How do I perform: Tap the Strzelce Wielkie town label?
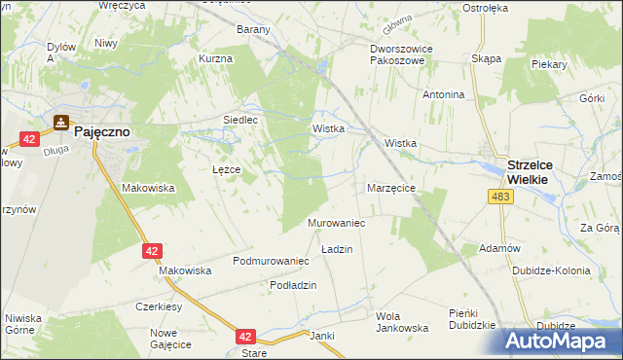(x=529, y=172)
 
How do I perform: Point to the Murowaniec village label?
(x=336, y=224)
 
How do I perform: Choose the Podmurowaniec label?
(x=271, y=262)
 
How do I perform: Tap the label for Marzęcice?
(x=391, y=188)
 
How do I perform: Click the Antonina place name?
(x=443, y=95)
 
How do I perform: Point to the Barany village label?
(x=253, y=29)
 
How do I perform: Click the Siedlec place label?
(x=240, y=120)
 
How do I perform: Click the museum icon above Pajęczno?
(x=62, y=123)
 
